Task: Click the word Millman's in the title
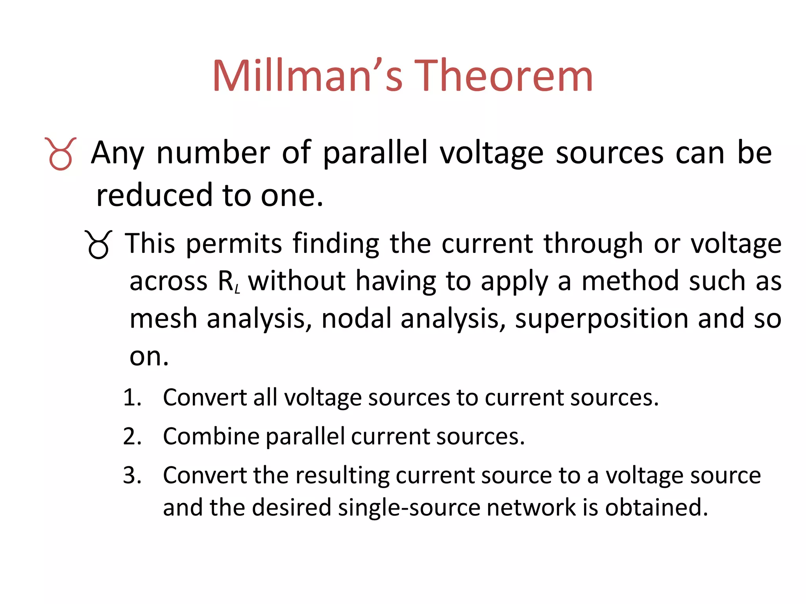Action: [307, 75]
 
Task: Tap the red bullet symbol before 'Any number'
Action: [61, 154]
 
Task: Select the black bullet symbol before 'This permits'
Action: [98, 245]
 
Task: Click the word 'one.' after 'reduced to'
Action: [292, 196]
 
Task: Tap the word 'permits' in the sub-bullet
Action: [234, 244]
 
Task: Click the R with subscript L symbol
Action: [228, 282]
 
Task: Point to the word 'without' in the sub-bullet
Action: [297, 281]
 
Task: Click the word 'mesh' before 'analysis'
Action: [163, 319]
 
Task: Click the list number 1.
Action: [131, 398]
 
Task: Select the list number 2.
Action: [132, 436]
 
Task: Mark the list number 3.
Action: [132, 475]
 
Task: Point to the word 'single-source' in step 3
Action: [409, 507]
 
